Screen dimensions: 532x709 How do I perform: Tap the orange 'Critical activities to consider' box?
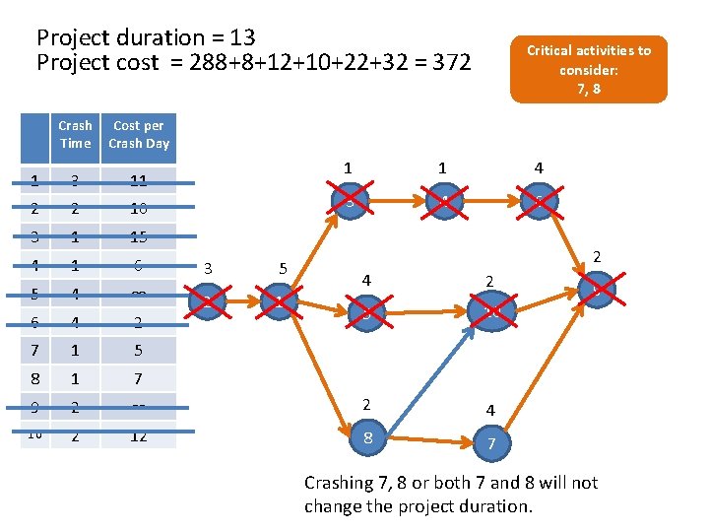588,69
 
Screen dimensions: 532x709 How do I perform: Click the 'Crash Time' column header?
75,134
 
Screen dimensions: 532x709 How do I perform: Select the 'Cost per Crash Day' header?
139,134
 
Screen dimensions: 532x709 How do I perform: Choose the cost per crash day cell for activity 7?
139,350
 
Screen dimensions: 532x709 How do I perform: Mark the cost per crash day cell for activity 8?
139,378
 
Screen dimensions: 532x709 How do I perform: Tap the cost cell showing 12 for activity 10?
139,435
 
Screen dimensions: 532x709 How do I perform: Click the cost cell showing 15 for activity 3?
139,236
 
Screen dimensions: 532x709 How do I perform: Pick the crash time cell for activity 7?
75,350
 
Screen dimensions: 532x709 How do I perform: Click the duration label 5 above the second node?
283,268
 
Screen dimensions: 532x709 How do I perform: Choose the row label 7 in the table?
35,350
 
